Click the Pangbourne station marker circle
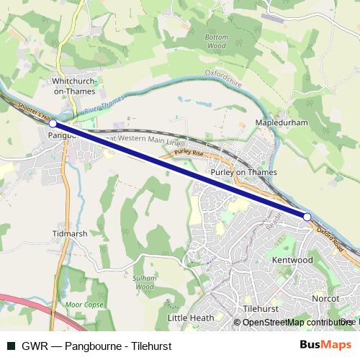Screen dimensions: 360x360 [53, 124]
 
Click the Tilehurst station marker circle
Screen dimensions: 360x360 [307, 217]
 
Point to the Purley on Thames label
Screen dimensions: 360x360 [244, 173]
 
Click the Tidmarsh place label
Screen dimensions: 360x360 [70, 234]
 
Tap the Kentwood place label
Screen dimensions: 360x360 [292, 258]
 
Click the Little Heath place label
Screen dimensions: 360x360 [191, 318]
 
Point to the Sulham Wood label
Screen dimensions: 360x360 [145, 282]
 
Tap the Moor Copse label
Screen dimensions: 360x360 [80, 305]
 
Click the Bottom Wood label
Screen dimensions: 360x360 [216, 41]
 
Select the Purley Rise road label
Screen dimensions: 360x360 [189, 153]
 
